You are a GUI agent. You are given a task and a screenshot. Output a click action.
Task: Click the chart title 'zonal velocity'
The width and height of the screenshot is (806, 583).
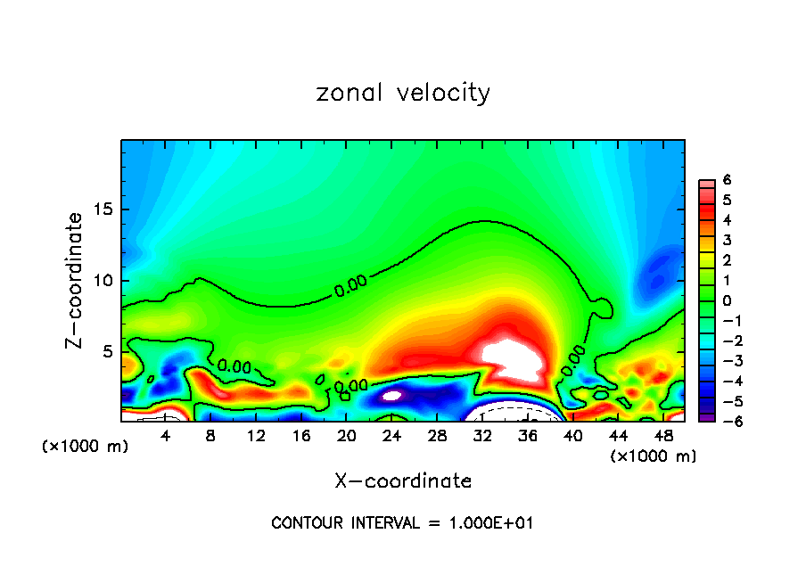(x=403, y=93)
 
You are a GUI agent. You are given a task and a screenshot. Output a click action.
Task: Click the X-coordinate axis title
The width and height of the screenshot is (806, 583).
(x=403, y=481)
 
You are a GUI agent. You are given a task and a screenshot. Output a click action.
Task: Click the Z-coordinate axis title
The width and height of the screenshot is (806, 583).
(x=77, y=280)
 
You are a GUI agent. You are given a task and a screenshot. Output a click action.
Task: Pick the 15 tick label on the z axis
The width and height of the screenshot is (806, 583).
(x=104, y=209)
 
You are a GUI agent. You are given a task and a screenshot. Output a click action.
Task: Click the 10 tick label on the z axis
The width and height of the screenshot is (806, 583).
(x=104, y=281)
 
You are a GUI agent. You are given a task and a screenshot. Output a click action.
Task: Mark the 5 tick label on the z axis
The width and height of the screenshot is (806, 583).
(x=109, y=352)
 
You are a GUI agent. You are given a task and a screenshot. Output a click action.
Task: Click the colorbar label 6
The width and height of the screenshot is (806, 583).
(x=727, y=179)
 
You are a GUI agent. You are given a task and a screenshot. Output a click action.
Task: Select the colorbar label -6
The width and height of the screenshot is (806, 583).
(x=724, y=422)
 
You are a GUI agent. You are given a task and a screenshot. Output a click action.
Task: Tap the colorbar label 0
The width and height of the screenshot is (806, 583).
(x=727, y=300)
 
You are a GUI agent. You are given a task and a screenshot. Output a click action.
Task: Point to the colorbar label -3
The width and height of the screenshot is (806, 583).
(x=724, y=361)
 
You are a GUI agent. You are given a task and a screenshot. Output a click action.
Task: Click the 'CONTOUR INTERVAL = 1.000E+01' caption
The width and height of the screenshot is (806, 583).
(x=402, y=523)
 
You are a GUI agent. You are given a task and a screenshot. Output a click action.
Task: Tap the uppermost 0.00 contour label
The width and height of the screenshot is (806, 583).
(x=350, y=285)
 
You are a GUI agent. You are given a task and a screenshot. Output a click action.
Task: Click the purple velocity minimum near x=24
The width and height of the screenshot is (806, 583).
(x=392, y=393)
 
